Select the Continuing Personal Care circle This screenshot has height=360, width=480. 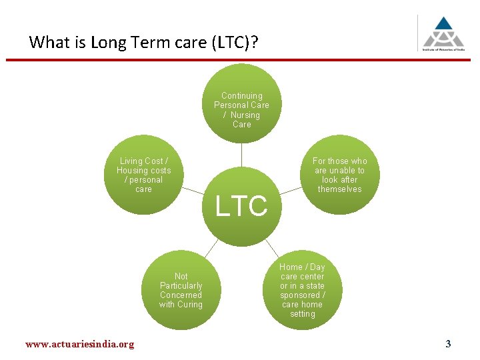(x=241, y=103)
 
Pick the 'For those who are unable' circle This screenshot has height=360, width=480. (x=339, y=175)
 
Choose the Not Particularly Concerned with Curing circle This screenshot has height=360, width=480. (x=181, y=291)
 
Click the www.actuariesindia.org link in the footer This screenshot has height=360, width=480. (x=79, y=344)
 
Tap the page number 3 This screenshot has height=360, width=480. (x=448, y=344)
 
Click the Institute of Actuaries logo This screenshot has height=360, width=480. (x=443, y=33)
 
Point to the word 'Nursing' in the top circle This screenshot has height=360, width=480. (x=245, y=115)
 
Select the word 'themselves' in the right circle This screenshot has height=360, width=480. (x=339, y=189)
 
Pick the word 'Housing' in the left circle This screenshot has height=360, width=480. (x=133, y=171)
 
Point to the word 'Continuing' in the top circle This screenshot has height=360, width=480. (x=241, y=96)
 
